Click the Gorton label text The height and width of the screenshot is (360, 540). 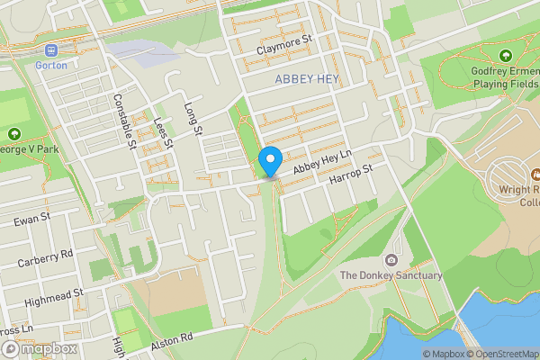click(50, 65)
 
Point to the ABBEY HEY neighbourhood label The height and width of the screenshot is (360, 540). click(306, 79)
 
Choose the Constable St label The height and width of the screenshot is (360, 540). click(123, 120)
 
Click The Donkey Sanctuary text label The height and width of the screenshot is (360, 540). click(391, 275)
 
